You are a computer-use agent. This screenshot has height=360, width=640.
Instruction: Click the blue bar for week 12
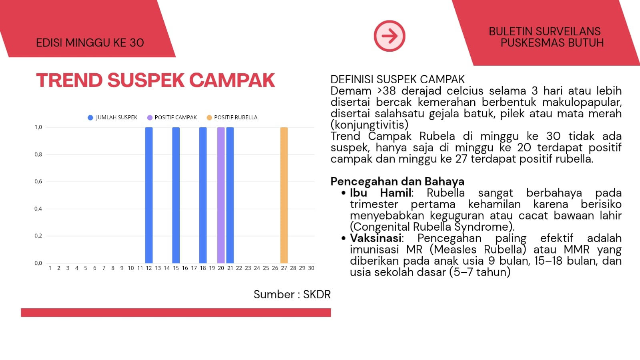click(x=149, y=195)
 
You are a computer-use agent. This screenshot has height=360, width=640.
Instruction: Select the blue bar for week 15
click(x=176, y=195)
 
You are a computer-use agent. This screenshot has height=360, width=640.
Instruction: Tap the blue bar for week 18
click(x=203, y=195)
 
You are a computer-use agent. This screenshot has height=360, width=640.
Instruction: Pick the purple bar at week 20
click(x=221, y=195)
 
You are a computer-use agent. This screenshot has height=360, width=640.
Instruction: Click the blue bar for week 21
click(x=230, y=195)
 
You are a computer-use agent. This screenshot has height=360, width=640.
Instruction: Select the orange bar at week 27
click(x=284, y=195)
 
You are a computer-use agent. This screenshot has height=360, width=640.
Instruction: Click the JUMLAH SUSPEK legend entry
click(x=112, y=117)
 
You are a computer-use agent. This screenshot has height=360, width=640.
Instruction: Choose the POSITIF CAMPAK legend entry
click(x=172, y=117)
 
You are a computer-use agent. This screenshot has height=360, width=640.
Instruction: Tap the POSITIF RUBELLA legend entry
click(x=232, y=117)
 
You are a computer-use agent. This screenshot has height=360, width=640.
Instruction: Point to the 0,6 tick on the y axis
click(x=38, y=181)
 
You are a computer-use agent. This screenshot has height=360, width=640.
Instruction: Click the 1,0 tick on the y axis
click(x=38, y=127)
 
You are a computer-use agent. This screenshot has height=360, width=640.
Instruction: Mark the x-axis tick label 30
click(x=311, y=268)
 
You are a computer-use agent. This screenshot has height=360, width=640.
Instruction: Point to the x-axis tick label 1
click(x=50, y=268)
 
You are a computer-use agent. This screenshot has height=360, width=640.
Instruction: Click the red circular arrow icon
click(x=389, y=36)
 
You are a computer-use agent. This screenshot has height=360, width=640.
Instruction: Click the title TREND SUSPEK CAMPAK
click(x=155, y=80)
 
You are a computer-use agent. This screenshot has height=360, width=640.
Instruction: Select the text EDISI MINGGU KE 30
click(x=90, y=43)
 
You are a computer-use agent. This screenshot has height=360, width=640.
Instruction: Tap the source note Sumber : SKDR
click(x=292, y=294)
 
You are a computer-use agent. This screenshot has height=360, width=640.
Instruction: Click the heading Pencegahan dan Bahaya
click(x=397, y=181)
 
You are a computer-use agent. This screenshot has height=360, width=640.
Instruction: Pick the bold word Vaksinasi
click(x=376, y=238)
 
